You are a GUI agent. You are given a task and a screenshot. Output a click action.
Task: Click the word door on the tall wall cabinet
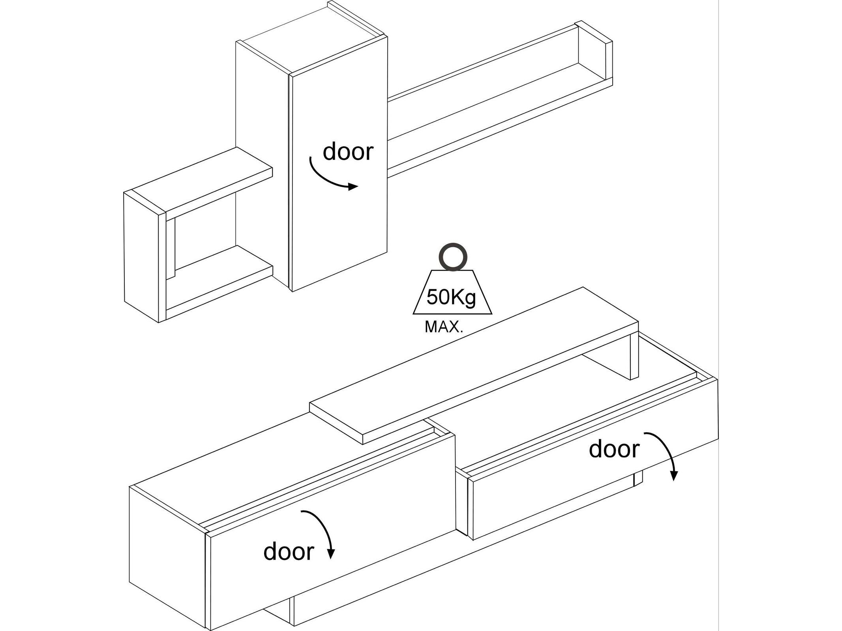click(x=348, y=152)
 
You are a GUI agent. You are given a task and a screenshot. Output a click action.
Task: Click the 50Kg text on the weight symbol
click(x=452, y=297)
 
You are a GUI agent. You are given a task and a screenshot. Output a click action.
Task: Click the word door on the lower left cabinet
click(x=289, y=551)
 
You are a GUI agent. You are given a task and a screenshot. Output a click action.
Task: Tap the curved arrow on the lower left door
click(x=324, y=528)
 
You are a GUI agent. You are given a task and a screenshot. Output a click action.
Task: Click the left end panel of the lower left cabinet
click(x=168, y=560)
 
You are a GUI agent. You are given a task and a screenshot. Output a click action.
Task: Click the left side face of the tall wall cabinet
click(x=263, y=162)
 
